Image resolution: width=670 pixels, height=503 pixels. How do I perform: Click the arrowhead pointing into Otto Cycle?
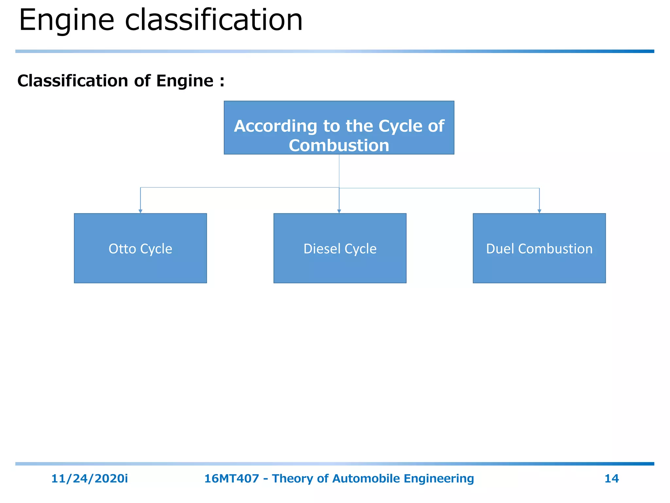pos(140,211)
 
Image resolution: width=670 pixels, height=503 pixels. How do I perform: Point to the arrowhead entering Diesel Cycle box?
pos(339,211)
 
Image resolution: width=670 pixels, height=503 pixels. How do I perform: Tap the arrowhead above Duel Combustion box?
pos(539,211)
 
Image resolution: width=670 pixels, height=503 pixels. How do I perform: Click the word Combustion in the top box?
pos(339,145)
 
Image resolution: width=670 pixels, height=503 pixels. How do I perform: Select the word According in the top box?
pos(275,126)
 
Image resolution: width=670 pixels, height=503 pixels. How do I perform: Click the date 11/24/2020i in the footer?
pos(89,478)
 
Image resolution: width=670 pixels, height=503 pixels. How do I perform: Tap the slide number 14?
pos(611,478)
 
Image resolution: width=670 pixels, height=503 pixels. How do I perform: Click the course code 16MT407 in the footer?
pos(231,478)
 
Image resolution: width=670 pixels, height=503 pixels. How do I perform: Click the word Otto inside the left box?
pos(122,249)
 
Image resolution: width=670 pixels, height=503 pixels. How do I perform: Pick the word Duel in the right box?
pos(500,249)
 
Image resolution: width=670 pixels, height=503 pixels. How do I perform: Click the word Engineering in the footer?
pos(438,478)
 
